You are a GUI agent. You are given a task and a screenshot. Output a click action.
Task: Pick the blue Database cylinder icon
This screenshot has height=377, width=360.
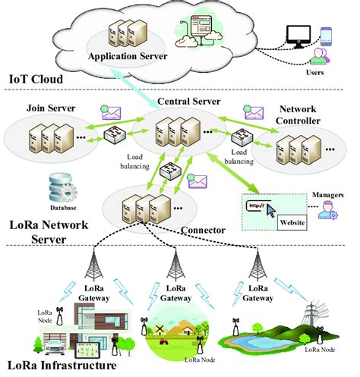[x=61, y=187]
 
